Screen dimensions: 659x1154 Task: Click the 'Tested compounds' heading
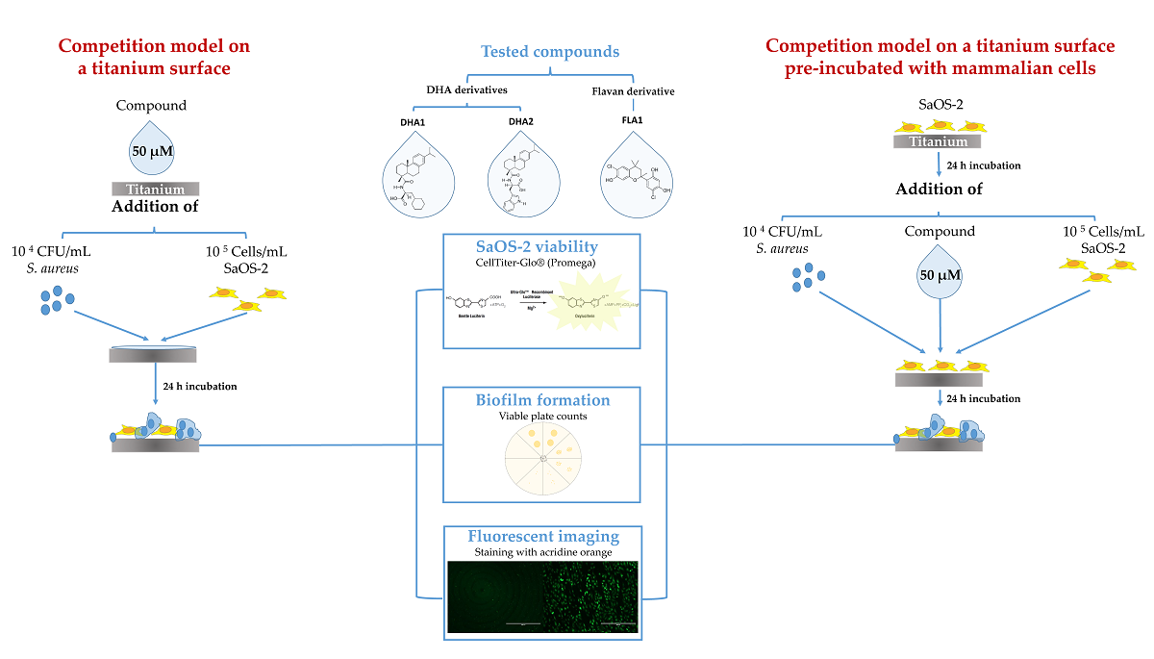coord(549,51)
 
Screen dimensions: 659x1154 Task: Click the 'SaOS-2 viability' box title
coord(540,247)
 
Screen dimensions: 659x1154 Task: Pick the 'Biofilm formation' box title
coord(540,400)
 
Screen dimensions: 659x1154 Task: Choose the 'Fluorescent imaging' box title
coord(540,537)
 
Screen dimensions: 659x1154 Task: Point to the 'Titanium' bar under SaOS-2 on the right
coord(938,140)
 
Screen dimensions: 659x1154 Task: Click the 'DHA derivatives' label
coord(466,89)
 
